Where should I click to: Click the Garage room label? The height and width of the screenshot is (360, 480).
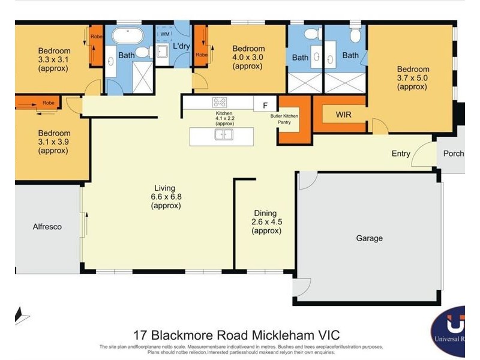(369, 238)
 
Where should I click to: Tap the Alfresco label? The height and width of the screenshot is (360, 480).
(47, 227)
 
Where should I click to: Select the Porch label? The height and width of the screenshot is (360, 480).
(453, 154)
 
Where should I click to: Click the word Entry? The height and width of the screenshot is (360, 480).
(401, 154)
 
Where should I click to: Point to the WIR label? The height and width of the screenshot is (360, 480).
(344, 113)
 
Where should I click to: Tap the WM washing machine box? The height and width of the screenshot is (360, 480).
(164, 35)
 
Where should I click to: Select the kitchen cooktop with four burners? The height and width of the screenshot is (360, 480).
(220, 103)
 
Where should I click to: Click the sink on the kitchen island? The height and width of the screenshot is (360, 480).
(224, 134)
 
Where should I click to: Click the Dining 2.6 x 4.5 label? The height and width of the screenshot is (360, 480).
(265, 221)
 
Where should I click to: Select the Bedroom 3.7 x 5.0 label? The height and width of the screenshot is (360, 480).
(412, 77)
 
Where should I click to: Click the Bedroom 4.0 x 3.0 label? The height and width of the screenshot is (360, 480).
(248, 58)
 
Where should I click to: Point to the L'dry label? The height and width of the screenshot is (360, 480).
(181, 46)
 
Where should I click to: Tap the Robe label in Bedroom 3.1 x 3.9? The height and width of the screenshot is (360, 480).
(47, 103)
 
